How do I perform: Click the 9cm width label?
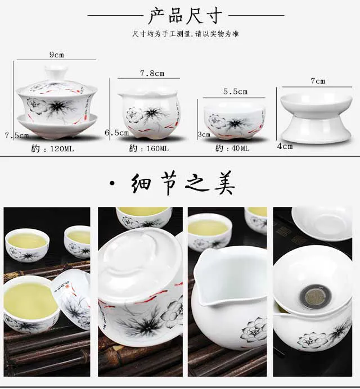coord(57,55)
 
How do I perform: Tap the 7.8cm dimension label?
coord(152,74)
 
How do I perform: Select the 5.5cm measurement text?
coord(235,92)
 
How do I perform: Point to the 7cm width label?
coord(318,81)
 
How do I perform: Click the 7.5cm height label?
coord(17,135)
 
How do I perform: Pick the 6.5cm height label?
coord(116,133)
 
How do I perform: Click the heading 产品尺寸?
coord(185,16)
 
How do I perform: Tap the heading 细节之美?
coord(183,183)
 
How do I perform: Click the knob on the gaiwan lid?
coord(56,72)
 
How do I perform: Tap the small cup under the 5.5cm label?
coord(235,121)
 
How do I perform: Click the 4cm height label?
coord(285,146)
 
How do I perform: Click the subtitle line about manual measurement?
coord(185,34)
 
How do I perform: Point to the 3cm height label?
coord(204,134)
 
